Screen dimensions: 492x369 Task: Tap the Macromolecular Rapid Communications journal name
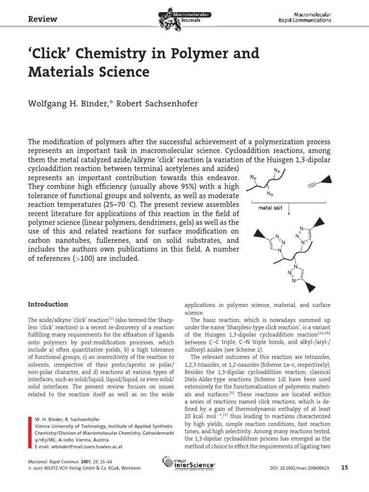tap(305, 18)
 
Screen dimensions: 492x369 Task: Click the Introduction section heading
tap(48, 304)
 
